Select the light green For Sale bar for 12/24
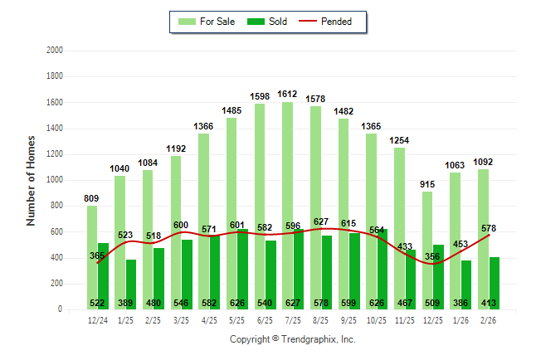coord(91,257)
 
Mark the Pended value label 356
coord(433,256)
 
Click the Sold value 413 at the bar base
coord(494,303)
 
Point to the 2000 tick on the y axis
coord(56,51)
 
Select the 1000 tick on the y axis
coord(56,180)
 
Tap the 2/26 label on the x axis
coord(488,320)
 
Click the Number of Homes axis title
coord(31,180)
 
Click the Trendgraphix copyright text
coord(292,339)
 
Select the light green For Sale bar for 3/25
coord(175,232)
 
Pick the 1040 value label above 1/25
coord(119,168)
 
